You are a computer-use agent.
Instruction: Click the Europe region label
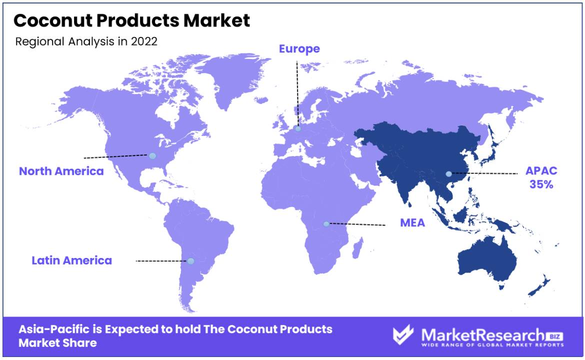click(x=299, y=49)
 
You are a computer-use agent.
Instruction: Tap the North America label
click(x=61, y=171)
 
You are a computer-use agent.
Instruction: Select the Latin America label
click(x=71, y=260)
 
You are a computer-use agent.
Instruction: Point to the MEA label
click(x=412, y=222)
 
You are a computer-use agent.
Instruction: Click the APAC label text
click(x=541, y=171)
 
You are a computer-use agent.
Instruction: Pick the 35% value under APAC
click(x=541, y=184)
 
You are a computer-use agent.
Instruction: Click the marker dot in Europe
click(x=297, y=128)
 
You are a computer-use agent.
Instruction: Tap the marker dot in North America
click(x=152, y=156)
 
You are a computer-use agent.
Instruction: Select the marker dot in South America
click(x=190, y=261)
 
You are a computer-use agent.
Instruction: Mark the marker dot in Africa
click(x=326, y=224)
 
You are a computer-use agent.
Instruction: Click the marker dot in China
click(x=449, y=174)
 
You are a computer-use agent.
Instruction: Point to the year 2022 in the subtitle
click(x=144, y=41)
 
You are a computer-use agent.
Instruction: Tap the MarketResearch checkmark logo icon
click(x=403, y=334)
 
